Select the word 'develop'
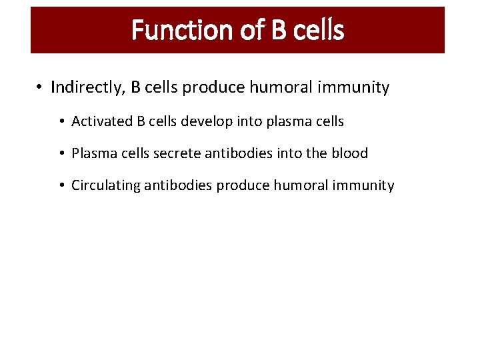coord(203,121)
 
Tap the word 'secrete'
coord(179,153)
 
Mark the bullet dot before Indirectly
coord(40,88)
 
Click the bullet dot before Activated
coord(61,121)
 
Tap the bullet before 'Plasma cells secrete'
coord(61,153)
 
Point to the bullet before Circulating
coord(61,185)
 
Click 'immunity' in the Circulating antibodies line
coord(366,185)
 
